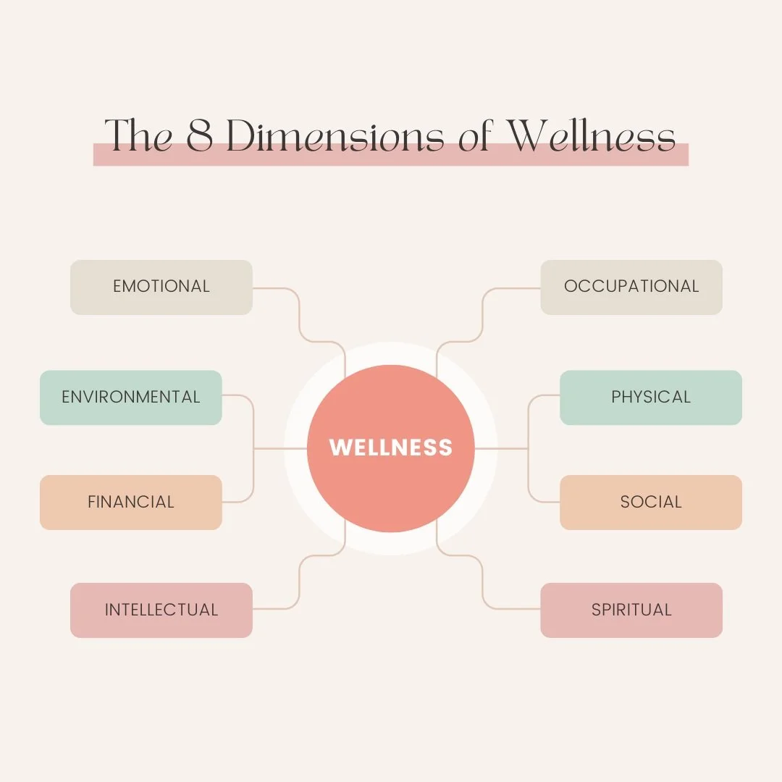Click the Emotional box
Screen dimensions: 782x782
click(161, 287)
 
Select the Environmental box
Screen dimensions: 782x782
click(130, 398)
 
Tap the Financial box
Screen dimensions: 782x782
click(130, 502)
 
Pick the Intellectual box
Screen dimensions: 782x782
click(161, 610)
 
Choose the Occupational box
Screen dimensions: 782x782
click(631, 287)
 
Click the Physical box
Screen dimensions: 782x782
click(650, 398)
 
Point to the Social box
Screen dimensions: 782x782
click(650, 502)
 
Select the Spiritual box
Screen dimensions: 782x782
click(631, 610)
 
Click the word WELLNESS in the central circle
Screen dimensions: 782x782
click(390, 447)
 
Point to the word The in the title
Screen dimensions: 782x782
click(138, 135)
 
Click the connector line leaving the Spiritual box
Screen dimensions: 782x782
click(483, 583)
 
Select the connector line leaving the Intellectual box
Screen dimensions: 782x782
click(299, 583)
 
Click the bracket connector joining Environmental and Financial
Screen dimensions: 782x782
click(253, 449)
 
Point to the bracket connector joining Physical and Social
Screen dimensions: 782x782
click(529, 449)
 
